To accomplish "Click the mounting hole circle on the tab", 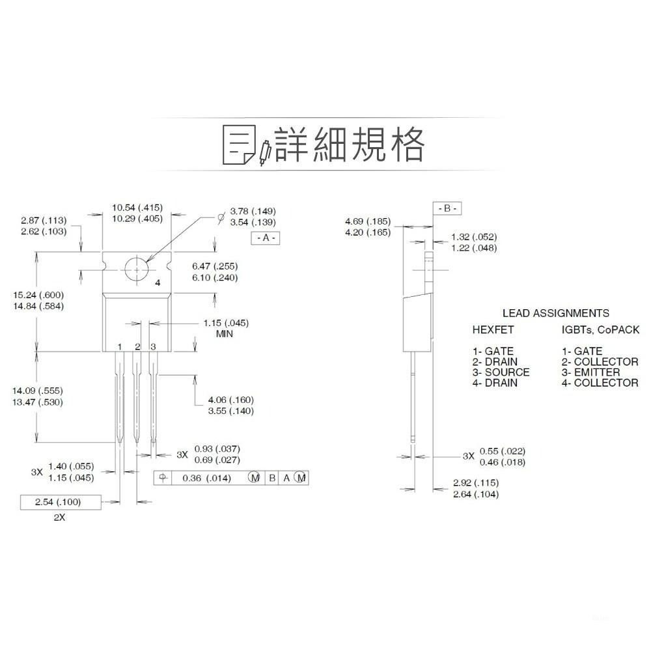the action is (x=137, y=268).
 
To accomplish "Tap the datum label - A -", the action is (x=264, y=238).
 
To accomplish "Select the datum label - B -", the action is (x=447, y=208).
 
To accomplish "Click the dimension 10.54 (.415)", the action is (x=137, y=208).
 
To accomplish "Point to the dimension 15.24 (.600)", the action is (x=38, y=294).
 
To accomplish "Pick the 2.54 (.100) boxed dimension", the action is (x=59, y=502).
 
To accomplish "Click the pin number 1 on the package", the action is (x=120, y=346).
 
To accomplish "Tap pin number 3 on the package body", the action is (x=153, y=346).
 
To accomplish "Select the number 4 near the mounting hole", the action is (x=157, y=283).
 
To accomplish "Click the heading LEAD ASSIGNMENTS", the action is (x=555, y=313).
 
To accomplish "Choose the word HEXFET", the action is (x=493, y=330).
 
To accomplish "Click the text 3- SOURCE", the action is (x=501, y=372).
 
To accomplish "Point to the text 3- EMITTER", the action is (x=591, y=372).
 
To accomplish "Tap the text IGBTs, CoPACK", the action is (x=600, y=330).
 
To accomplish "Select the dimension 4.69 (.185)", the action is (x=368, y=221).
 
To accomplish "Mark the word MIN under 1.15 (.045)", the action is (x=224, y=334).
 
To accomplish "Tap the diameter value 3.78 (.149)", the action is (x=254, y=211).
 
